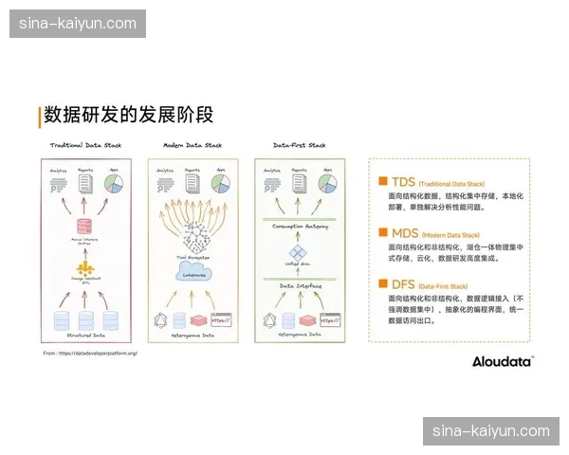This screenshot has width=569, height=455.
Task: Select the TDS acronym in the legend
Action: click(403, 179)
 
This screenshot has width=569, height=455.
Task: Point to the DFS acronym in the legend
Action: click(403, 282)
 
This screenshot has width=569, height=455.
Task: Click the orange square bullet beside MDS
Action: click(382, 231)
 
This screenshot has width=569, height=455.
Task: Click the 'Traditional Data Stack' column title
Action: click(88, 145)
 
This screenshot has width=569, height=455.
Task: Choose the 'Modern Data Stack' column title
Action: click(193, 145)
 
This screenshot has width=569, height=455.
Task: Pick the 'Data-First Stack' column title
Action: click(299, 145)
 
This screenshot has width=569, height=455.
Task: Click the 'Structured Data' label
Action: click(87, 335)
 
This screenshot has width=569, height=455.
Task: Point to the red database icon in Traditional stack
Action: click(87, 227)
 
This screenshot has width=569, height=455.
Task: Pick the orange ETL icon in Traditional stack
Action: click(87, 272)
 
